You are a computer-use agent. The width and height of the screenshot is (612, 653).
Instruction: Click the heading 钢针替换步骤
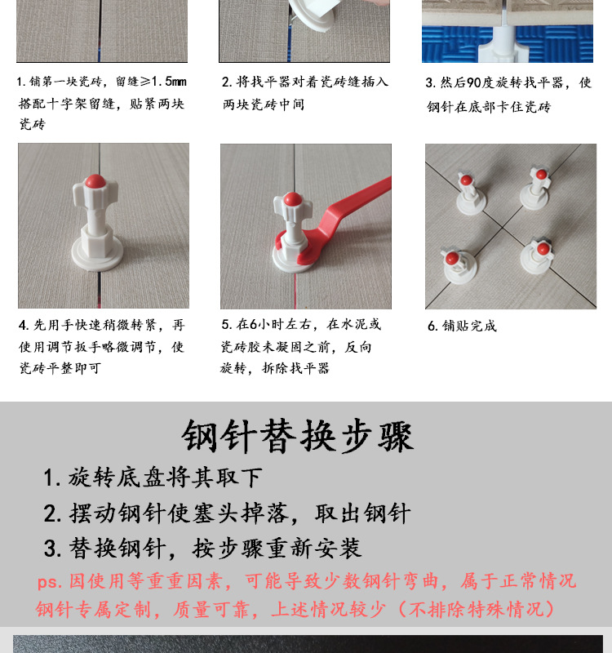[297, 437]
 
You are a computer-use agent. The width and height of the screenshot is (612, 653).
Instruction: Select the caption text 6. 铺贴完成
[463, 326]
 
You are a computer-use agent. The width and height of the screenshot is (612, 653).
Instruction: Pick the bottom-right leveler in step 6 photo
[538, 255]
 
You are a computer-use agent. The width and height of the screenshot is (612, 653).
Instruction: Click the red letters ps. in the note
[49, 582]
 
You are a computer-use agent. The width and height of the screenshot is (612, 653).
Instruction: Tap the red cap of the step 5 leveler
[292, 199]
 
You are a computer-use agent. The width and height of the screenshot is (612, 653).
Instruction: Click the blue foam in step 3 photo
[555, 45]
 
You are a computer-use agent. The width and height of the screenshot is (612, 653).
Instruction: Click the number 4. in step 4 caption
[24, 325]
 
